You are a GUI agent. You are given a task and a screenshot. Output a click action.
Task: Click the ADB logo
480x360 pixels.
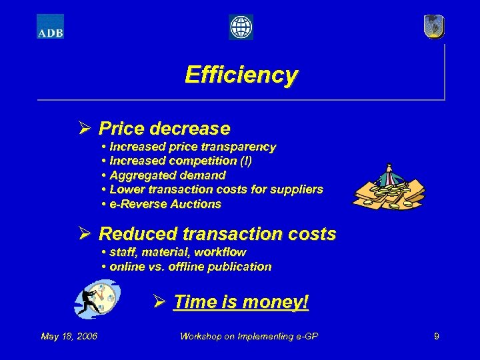[50, 26]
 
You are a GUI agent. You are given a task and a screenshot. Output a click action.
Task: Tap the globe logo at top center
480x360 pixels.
[241, 27]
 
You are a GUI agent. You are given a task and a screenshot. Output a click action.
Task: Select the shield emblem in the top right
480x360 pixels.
[433, 27]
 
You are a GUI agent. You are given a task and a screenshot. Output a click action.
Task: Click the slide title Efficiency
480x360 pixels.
[241, 74]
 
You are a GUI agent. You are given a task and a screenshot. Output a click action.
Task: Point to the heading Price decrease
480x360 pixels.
[164, 127]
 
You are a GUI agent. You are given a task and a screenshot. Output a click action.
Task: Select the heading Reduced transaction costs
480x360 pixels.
[217, 234]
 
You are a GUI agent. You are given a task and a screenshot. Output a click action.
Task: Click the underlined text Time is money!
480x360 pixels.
[241, 302]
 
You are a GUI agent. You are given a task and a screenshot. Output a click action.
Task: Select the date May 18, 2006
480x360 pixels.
[69, 336]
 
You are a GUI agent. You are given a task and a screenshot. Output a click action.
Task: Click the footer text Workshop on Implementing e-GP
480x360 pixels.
[249, 336]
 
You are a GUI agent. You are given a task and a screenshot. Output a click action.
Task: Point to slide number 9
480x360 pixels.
[436, 336]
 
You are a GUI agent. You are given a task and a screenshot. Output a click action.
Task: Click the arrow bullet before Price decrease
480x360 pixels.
[84, 127]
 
